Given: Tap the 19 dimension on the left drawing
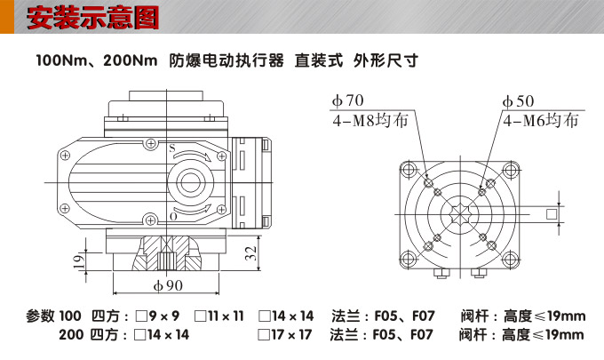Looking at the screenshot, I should pyautogui.click(x=79, y=262).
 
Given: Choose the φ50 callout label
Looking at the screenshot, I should pyautogui.click(x=518, y=101).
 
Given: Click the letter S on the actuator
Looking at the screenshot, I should pyautogui.click(x=171, y=148).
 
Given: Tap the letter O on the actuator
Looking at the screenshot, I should pyautogui.click(x=172, y=216).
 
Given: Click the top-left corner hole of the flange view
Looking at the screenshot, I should pyautogui.click(x=408, y=170).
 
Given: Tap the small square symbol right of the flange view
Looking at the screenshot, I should pyautogui.click(x=552, y=213).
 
